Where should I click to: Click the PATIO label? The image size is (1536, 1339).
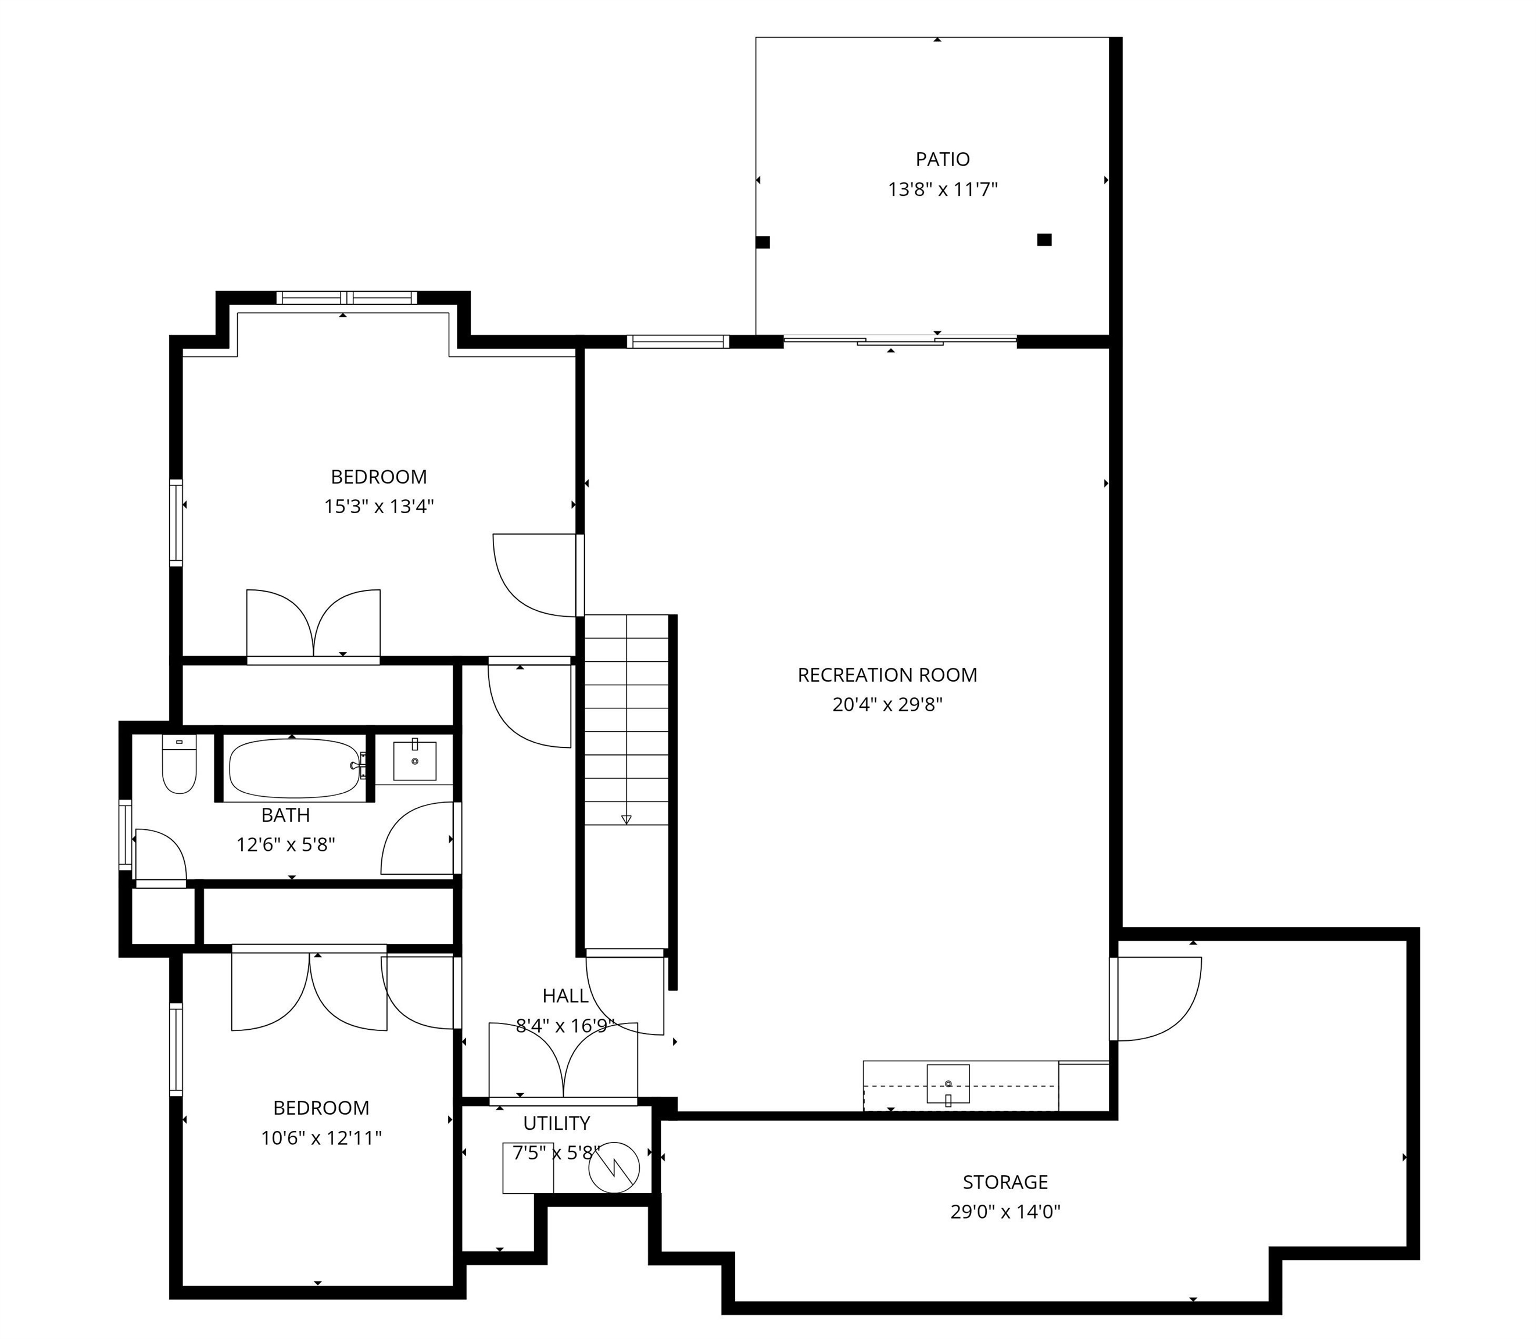pos(942,159)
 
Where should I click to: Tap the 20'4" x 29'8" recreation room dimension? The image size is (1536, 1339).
pos(887,704)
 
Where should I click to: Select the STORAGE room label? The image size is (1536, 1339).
pos(1005,1182)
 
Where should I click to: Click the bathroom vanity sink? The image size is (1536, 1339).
pos(414,761)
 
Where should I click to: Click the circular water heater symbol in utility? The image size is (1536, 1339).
pos(614,1167)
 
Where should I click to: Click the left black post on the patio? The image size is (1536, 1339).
pos(763,242)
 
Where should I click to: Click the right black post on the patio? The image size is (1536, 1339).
pos(1044,240)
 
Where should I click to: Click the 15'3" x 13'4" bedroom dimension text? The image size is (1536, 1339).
pos(379,507)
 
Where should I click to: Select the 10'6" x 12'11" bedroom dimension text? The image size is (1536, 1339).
pos(321,1138)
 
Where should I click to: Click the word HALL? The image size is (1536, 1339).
pos(565,996)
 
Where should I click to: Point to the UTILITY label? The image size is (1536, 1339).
pos(557,1123)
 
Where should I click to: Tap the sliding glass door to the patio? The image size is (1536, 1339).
pos(900,342)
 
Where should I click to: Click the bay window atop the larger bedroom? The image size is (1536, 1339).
pos(346,298)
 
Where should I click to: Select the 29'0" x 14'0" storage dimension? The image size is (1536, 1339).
pos(1005,1211)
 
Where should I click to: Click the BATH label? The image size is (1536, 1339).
pos(285,815)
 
